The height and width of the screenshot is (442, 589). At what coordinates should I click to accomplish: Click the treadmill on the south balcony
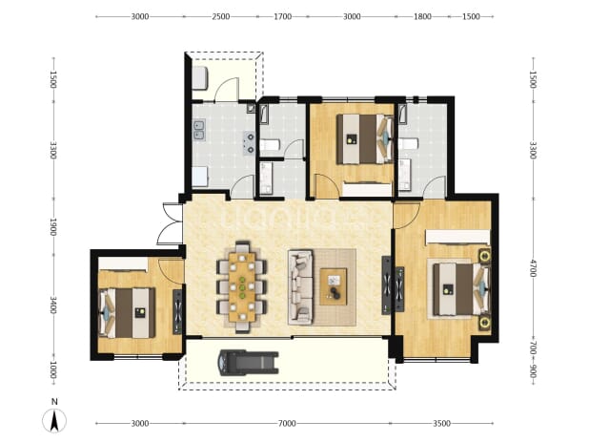coord(249,363)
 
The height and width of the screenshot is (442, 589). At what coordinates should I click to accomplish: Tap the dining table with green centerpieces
coord(242,286)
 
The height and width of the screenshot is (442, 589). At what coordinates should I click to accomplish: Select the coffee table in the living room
coord(334,286)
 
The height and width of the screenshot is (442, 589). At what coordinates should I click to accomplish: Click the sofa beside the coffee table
coord(300,287)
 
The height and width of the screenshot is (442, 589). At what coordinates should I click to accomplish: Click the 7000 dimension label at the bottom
coord(287,424)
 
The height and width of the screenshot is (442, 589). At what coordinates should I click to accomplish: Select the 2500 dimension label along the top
coord(221,16)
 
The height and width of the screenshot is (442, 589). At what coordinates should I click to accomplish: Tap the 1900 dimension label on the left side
coord(53,227)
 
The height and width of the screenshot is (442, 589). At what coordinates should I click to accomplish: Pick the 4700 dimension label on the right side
coord(532,268)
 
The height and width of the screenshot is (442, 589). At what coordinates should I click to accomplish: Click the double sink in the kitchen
coord(198,130)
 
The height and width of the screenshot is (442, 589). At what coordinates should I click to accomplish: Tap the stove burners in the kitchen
coord(249,143)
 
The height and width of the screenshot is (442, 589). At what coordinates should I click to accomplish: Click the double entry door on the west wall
coord(170,223)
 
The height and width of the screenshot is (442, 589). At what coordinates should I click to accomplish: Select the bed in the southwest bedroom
coord(127,313)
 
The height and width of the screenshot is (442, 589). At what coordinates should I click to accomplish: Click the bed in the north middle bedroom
coord(365,139)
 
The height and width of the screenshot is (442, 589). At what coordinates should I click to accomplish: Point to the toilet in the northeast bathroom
coord(408,144)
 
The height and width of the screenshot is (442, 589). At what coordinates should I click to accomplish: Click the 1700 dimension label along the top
coord(282,16)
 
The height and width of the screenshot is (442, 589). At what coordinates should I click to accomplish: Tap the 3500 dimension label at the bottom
coord(442,424)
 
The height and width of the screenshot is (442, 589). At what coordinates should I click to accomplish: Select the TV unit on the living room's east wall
coord(386,285)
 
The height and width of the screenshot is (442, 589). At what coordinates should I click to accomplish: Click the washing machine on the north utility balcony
coord(200,78)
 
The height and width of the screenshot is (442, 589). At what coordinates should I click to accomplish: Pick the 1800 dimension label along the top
coord(422,16)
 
